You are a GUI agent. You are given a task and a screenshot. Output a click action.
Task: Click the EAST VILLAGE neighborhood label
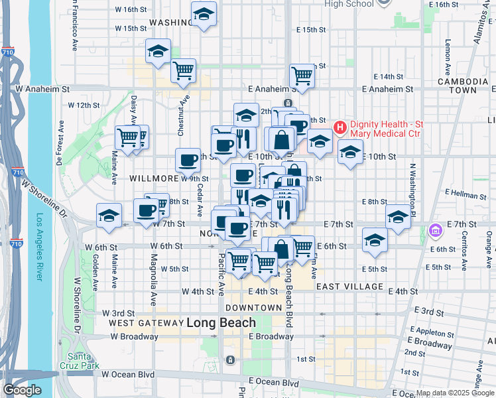pyautogui.click(x=349, y=287)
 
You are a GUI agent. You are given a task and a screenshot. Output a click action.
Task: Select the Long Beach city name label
pyautogui.click(x=221, y=323)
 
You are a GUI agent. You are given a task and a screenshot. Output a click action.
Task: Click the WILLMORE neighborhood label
pyautogui.click(x=153, y=178)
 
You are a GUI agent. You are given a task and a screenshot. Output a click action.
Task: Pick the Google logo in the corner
pyautogui.click(x=23, y=389)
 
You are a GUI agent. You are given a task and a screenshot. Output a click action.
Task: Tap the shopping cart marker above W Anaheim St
pyautogui.click(x=183, y=70)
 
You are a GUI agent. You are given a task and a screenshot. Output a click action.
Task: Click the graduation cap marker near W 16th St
pyautogui.click(x=204, y=13)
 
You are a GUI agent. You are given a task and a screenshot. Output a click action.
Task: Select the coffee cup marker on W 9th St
pyautogui.click(x=188, y=160)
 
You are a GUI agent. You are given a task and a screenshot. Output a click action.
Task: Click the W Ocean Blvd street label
pyautogui.click(x=128, y=374)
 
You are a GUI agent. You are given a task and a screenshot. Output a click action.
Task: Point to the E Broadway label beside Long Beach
pyautogui.click(x=271, y=336)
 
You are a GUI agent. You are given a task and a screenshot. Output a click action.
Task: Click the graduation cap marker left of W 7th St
pyautogui.click(x=109, y=216)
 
